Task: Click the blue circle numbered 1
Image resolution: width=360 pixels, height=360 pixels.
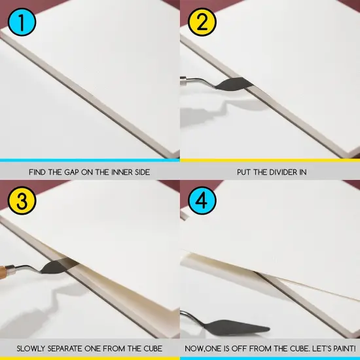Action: (22, 22)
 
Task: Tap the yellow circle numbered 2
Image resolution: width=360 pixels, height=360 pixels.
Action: (202, 22)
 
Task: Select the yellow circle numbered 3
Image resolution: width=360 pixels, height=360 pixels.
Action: (22, 200)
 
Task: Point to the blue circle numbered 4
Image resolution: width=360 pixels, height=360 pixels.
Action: (202, 200)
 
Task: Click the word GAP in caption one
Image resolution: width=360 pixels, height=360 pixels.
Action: (71, 172)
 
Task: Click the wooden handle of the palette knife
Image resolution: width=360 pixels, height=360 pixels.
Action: (3, 272)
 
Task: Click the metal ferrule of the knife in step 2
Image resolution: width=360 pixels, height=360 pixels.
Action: (184, 81)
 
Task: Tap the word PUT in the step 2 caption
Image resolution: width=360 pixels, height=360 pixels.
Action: (244, 172)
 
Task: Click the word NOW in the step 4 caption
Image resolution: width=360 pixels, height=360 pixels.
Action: (194, 349)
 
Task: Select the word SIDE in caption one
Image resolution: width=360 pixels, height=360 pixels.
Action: (142, 172)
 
